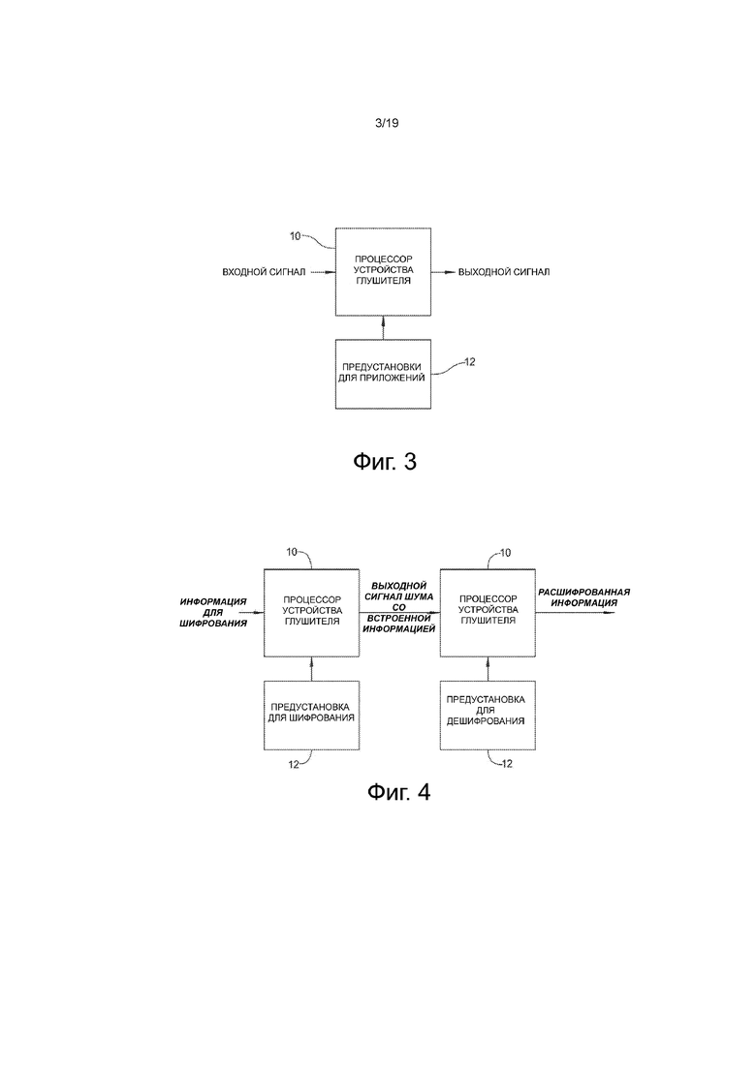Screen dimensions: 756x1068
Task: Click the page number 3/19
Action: (387, 123)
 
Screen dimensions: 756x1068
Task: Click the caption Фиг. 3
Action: (385, 462)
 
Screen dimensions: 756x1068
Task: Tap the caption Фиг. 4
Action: (398, 791)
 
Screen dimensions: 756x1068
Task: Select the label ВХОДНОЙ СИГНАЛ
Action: (264, 272)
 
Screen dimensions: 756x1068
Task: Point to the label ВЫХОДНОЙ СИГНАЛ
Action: (504, 272)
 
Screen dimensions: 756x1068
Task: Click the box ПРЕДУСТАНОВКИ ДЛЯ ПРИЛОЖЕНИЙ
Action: (383, 374)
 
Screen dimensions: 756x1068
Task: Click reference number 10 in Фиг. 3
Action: (296, 236)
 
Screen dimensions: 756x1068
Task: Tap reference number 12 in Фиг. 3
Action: (470, 362)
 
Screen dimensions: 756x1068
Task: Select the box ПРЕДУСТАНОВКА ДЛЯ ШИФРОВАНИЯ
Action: (311, 716)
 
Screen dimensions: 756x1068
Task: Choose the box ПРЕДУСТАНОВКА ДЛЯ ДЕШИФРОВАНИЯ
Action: (488, 716)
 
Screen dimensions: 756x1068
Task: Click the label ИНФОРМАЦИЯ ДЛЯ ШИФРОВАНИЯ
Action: (213, 612)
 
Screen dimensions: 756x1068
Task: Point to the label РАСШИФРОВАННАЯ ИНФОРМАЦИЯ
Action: (583, 597)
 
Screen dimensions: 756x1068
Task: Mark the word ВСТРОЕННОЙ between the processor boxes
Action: (398, 618)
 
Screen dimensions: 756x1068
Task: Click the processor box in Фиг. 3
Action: (383, 272)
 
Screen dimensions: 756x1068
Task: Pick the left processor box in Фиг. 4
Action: (311, 613)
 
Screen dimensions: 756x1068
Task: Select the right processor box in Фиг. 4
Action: (488, 613)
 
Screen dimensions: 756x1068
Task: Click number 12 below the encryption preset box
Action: (293, 764)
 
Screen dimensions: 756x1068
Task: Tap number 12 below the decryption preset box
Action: (507, 764)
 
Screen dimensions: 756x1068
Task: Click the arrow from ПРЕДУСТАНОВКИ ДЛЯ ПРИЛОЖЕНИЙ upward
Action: (383, 327)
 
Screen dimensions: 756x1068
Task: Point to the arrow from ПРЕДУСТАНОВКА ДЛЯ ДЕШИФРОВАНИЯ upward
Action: (488, 669)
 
